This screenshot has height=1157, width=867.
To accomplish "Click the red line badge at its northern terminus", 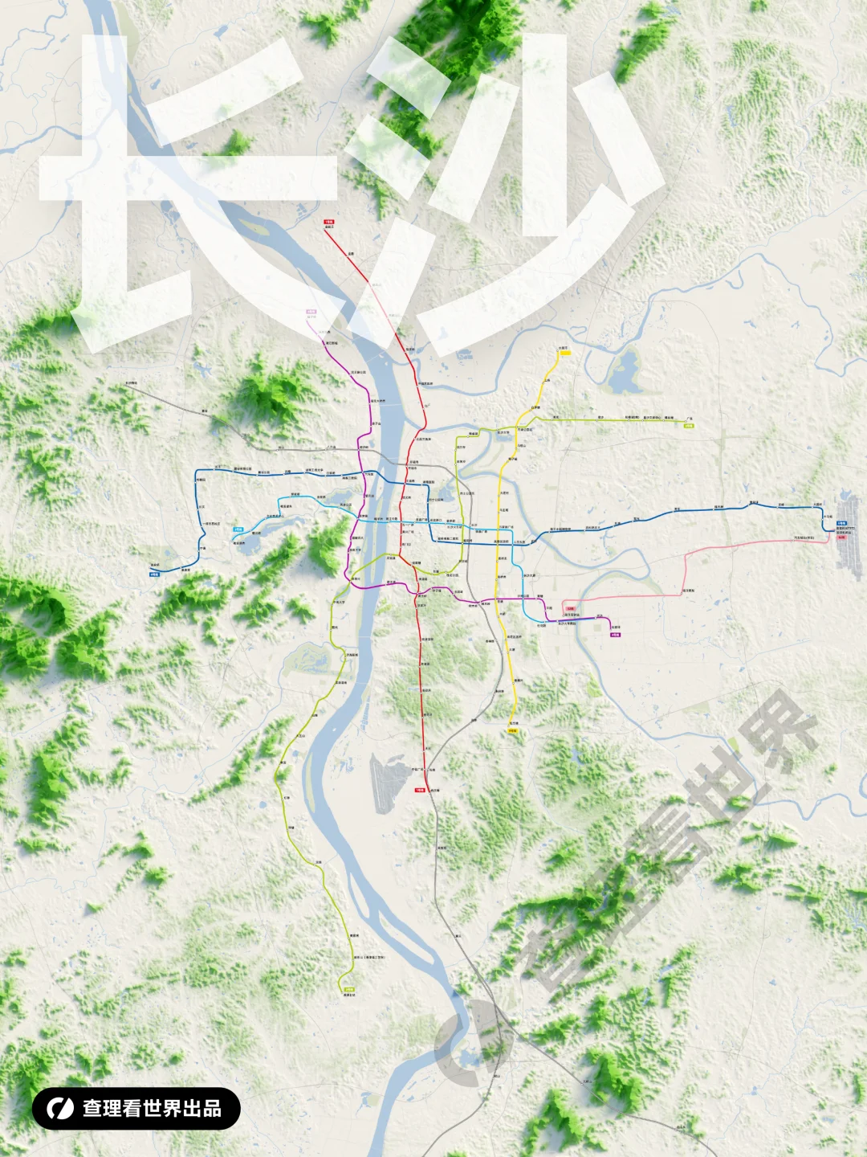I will [x=329, y=221].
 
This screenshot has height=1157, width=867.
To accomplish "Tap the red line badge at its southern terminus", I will [x=419, y=790].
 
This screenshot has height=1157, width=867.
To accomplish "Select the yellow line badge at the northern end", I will [x=564, y=353].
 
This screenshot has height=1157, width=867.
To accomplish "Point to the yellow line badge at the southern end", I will [x=512, y=730].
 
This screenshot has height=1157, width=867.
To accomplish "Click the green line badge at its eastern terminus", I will [x=689, y=426].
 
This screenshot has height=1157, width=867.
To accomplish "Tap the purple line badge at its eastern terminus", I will [x=616, y=635].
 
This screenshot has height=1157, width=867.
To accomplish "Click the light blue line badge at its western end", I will [x=238, y=529].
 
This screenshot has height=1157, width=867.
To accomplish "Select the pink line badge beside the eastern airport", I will [x=841, y=538].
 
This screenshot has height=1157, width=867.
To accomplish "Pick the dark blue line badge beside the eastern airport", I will [x=841, y=523].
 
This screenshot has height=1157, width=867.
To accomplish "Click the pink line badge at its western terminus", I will [x=570, y=608].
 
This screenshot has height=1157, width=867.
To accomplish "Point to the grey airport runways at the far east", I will [x=849, y=534].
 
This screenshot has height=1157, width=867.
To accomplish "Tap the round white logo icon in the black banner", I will [x=59, y=1108].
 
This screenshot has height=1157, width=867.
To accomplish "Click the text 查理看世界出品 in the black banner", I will [x=152, y=1108].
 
